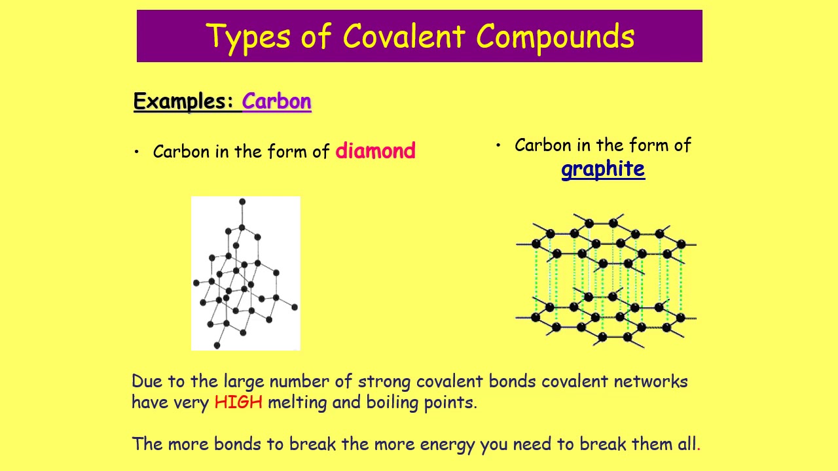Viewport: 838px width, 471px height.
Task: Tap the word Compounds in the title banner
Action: (555, 37)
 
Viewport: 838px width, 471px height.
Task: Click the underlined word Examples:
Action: (183, 101)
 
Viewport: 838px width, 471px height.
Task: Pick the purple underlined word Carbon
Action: (276, 101)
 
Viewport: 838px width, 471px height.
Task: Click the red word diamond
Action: (375, 151)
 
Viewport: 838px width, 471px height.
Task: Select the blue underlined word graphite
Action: (603, 169)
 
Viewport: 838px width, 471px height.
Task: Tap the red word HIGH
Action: (238, 402)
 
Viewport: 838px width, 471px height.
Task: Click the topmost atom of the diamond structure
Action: (242, 201)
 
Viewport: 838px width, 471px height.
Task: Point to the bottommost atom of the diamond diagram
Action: (217, 345)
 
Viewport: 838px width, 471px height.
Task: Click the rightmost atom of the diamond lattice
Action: (295, 307)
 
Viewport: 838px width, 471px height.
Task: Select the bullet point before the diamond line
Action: (137, 152)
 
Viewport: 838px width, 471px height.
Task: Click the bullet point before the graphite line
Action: (498, 145)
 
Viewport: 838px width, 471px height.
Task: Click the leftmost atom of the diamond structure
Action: (196, 283)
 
